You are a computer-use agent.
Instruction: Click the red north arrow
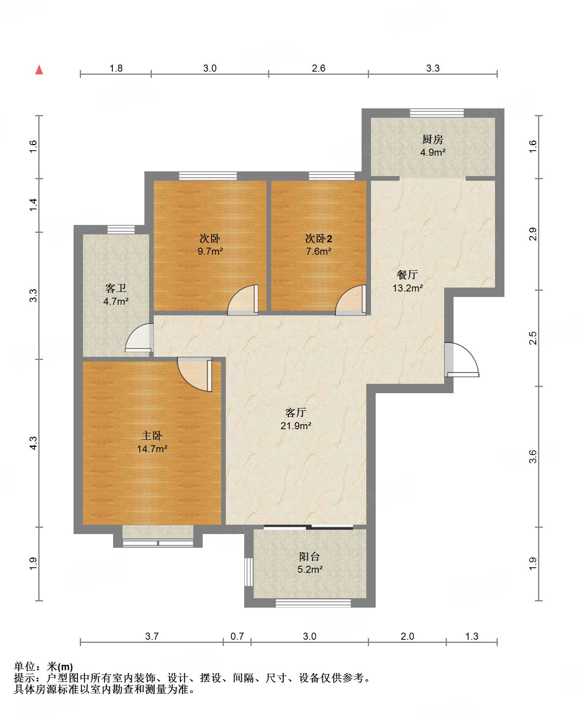pyautogui.click(x=39, y=70)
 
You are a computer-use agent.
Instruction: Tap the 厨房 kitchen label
pyautogui.click(x=432, y=139)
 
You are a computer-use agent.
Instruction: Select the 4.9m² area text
pyautogui.click(x=433, y=152)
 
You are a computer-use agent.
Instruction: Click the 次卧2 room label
pyautogui.click(x=319, y=238)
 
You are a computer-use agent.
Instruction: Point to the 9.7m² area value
pyautogui.click(x=210, y=251)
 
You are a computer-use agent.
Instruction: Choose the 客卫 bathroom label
pyautogui.click(x=116, y=288)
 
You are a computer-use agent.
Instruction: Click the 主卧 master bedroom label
pyautogui.click(x=152, y=435)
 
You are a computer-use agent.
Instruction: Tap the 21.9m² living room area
pyautogui.click(x=296, y=425)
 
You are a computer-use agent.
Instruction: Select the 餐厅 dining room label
pyautogui.click(x=407, y=275)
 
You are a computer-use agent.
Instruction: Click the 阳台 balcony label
pyautogui.click(x=310, y=556)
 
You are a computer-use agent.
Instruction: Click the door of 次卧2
pyautogui.click(x=351, y=300)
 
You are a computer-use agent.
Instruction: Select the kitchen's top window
pyautogui.click(x=437, y=113)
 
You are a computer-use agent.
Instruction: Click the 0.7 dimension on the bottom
pyautogui.click(x=237, y=636)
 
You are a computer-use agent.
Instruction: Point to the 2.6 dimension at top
pyautogui.click(x=319, y=68)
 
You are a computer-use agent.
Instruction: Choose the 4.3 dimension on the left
pyautogui.click(x=33, y=443)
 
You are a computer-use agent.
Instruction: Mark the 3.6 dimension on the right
pyautogui.click(x=533, y=457)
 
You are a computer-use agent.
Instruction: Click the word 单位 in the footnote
pyautogui.click(x=25, y=666)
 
